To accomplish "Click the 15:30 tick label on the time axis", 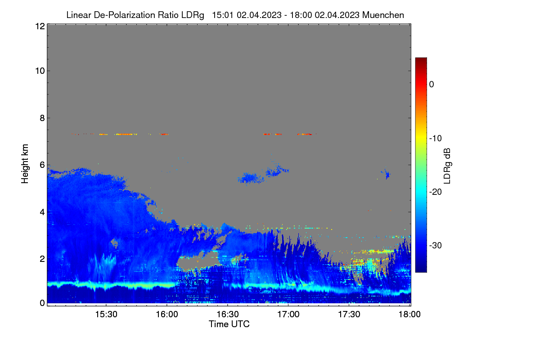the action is pyautogui.click(x=106, y=315).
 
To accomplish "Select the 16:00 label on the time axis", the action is pyautogui.click(x=167, y=315).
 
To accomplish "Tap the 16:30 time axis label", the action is pyautogui.click(x=228, y=315).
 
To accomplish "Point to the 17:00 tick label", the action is pyautogui.click(x=288, y=315).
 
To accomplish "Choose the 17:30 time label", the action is pyautogui.click(x=349, y=315).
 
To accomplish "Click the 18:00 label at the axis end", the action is pyautogui.click(x=409, y=315).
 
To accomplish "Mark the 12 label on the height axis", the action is pyautogui.click(x=40, y=26).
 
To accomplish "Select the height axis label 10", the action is pyautogui.click(x=40, y=71).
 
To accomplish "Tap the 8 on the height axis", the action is pyautogui.click(x=42, y=118).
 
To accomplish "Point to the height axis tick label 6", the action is pyautogui.click(x=42, y=165).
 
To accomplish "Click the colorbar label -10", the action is pyautogui.click(x=436, y=139).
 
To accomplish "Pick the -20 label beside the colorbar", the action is pyautogui.click(x=436, y=192).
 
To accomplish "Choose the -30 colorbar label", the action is pyautogui.click(x=436, y=245).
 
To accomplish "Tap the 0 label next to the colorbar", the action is pyautogui.click(x=432, y=85).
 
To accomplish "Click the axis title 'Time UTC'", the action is pyautogui.click(x=229, y=324).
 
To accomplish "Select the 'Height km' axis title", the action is pyautogui.click(x=25, y=164).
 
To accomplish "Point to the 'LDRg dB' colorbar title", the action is pyautogui.click(x=447, y=166).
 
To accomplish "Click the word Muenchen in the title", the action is pyautogui.click(x=383, y=15).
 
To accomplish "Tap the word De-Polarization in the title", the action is pyautogui.click(x=124, y=15).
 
